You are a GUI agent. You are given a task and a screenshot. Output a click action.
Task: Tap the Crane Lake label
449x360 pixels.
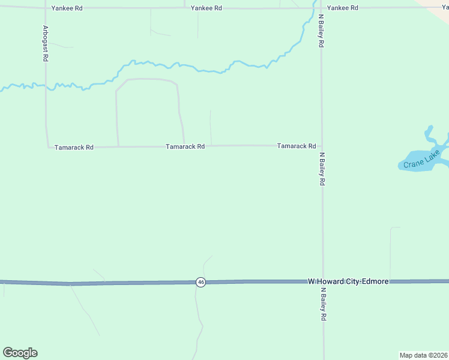tap(421, 160)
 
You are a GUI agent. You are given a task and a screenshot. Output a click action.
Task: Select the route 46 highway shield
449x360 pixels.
tap(200, 282)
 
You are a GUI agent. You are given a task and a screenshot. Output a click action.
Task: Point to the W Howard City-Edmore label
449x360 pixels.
tap(348, 281)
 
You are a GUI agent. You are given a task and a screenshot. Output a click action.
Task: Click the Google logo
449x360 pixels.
tap(20, 353)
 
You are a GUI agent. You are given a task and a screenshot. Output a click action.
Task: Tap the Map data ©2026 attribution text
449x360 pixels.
tap(423, 355)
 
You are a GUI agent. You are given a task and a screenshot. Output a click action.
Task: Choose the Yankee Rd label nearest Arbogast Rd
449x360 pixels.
tap(66, 8)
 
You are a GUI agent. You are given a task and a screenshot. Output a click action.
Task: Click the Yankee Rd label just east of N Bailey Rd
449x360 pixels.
tap(343, 8)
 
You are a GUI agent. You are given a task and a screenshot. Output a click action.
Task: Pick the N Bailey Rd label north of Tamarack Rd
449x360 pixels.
tap(322, 31)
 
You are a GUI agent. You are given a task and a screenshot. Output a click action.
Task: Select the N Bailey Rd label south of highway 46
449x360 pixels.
tap(323, 305)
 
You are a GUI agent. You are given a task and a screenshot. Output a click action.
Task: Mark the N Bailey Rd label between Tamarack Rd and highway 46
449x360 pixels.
tap(322, 168)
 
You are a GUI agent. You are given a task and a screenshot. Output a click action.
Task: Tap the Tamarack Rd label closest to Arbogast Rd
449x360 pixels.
tap(74, 147)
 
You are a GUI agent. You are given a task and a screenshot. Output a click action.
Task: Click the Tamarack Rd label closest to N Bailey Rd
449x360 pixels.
tap(297, 146)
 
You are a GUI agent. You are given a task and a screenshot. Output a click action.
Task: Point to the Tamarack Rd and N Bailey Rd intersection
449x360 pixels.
tap(322, 146)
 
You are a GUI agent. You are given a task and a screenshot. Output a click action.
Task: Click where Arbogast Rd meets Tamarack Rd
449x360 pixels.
tap(47, 147)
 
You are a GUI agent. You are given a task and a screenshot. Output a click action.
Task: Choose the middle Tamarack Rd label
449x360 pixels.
tap(185, 146)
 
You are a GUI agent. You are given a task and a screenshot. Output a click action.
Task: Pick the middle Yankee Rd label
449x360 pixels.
tap(206, 8)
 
